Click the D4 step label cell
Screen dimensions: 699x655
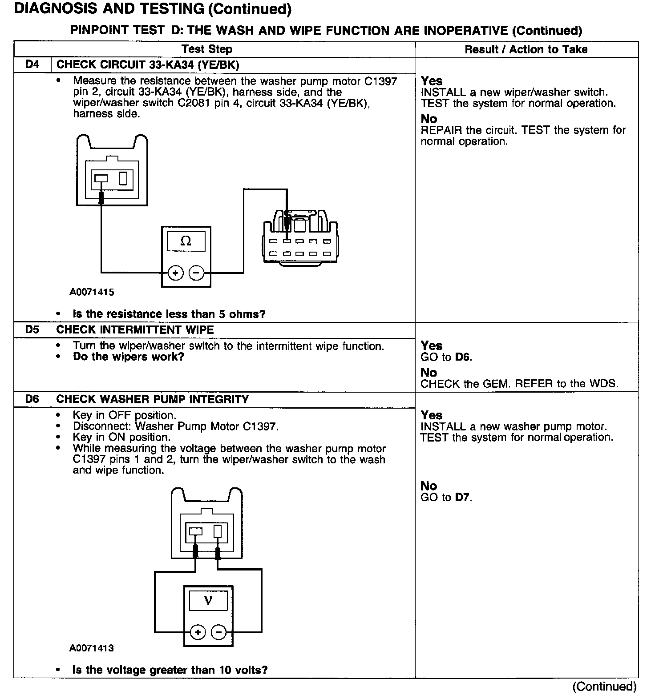(x=32, y=65)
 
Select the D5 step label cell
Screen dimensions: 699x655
(x=32, y=330)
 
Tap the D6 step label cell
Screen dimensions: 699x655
(x=32, y=399)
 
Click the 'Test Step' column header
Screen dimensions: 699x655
(x=207, y=49)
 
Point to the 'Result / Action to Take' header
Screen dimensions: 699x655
(x=526, y=49)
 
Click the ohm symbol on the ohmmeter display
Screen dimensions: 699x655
(x=186, y=241)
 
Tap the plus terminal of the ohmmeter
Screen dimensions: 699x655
(x=176, y=273)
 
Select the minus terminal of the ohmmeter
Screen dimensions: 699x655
(x=197, y=273)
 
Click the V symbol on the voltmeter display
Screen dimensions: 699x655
(x=208, y=601)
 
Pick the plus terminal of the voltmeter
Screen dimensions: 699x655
(x=198, y=632)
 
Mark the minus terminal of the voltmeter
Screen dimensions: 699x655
(x=218, y=632)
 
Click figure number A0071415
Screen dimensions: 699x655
(x=92, y=292)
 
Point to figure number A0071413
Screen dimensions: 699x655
(x=92, y=648)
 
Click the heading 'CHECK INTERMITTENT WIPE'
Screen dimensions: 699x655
(x=135, y=330)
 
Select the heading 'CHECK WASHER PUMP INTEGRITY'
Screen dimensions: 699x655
(x=153, y=399)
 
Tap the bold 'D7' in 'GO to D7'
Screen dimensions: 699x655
(x=463, y=497)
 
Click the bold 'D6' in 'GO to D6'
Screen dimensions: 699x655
(x=463, y=357)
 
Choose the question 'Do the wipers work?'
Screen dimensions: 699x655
(x=129, y=357)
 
